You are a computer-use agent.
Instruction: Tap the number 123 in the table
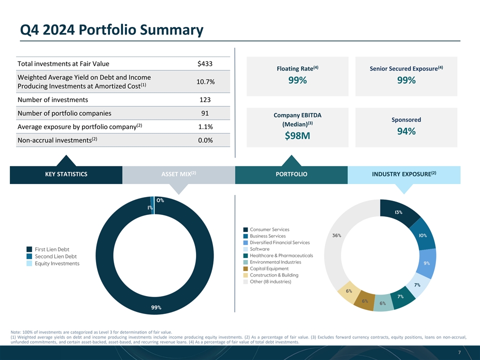205,99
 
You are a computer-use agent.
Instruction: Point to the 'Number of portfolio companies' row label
64,112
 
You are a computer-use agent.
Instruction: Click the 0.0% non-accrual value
205,140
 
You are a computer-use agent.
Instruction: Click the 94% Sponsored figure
406,131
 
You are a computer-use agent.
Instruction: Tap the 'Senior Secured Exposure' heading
406,68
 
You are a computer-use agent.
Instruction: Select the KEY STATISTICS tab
66,174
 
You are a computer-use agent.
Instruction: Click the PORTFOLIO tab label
291,174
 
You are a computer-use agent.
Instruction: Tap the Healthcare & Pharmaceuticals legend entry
281,255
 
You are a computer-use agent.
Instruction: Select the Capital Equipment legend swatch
245,268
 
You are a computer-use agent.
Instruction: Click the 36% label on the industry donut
337,235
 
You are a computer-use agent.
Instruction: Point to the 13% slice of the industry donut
400,211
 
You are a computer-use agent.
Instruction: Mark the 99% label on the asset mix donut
156,307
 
